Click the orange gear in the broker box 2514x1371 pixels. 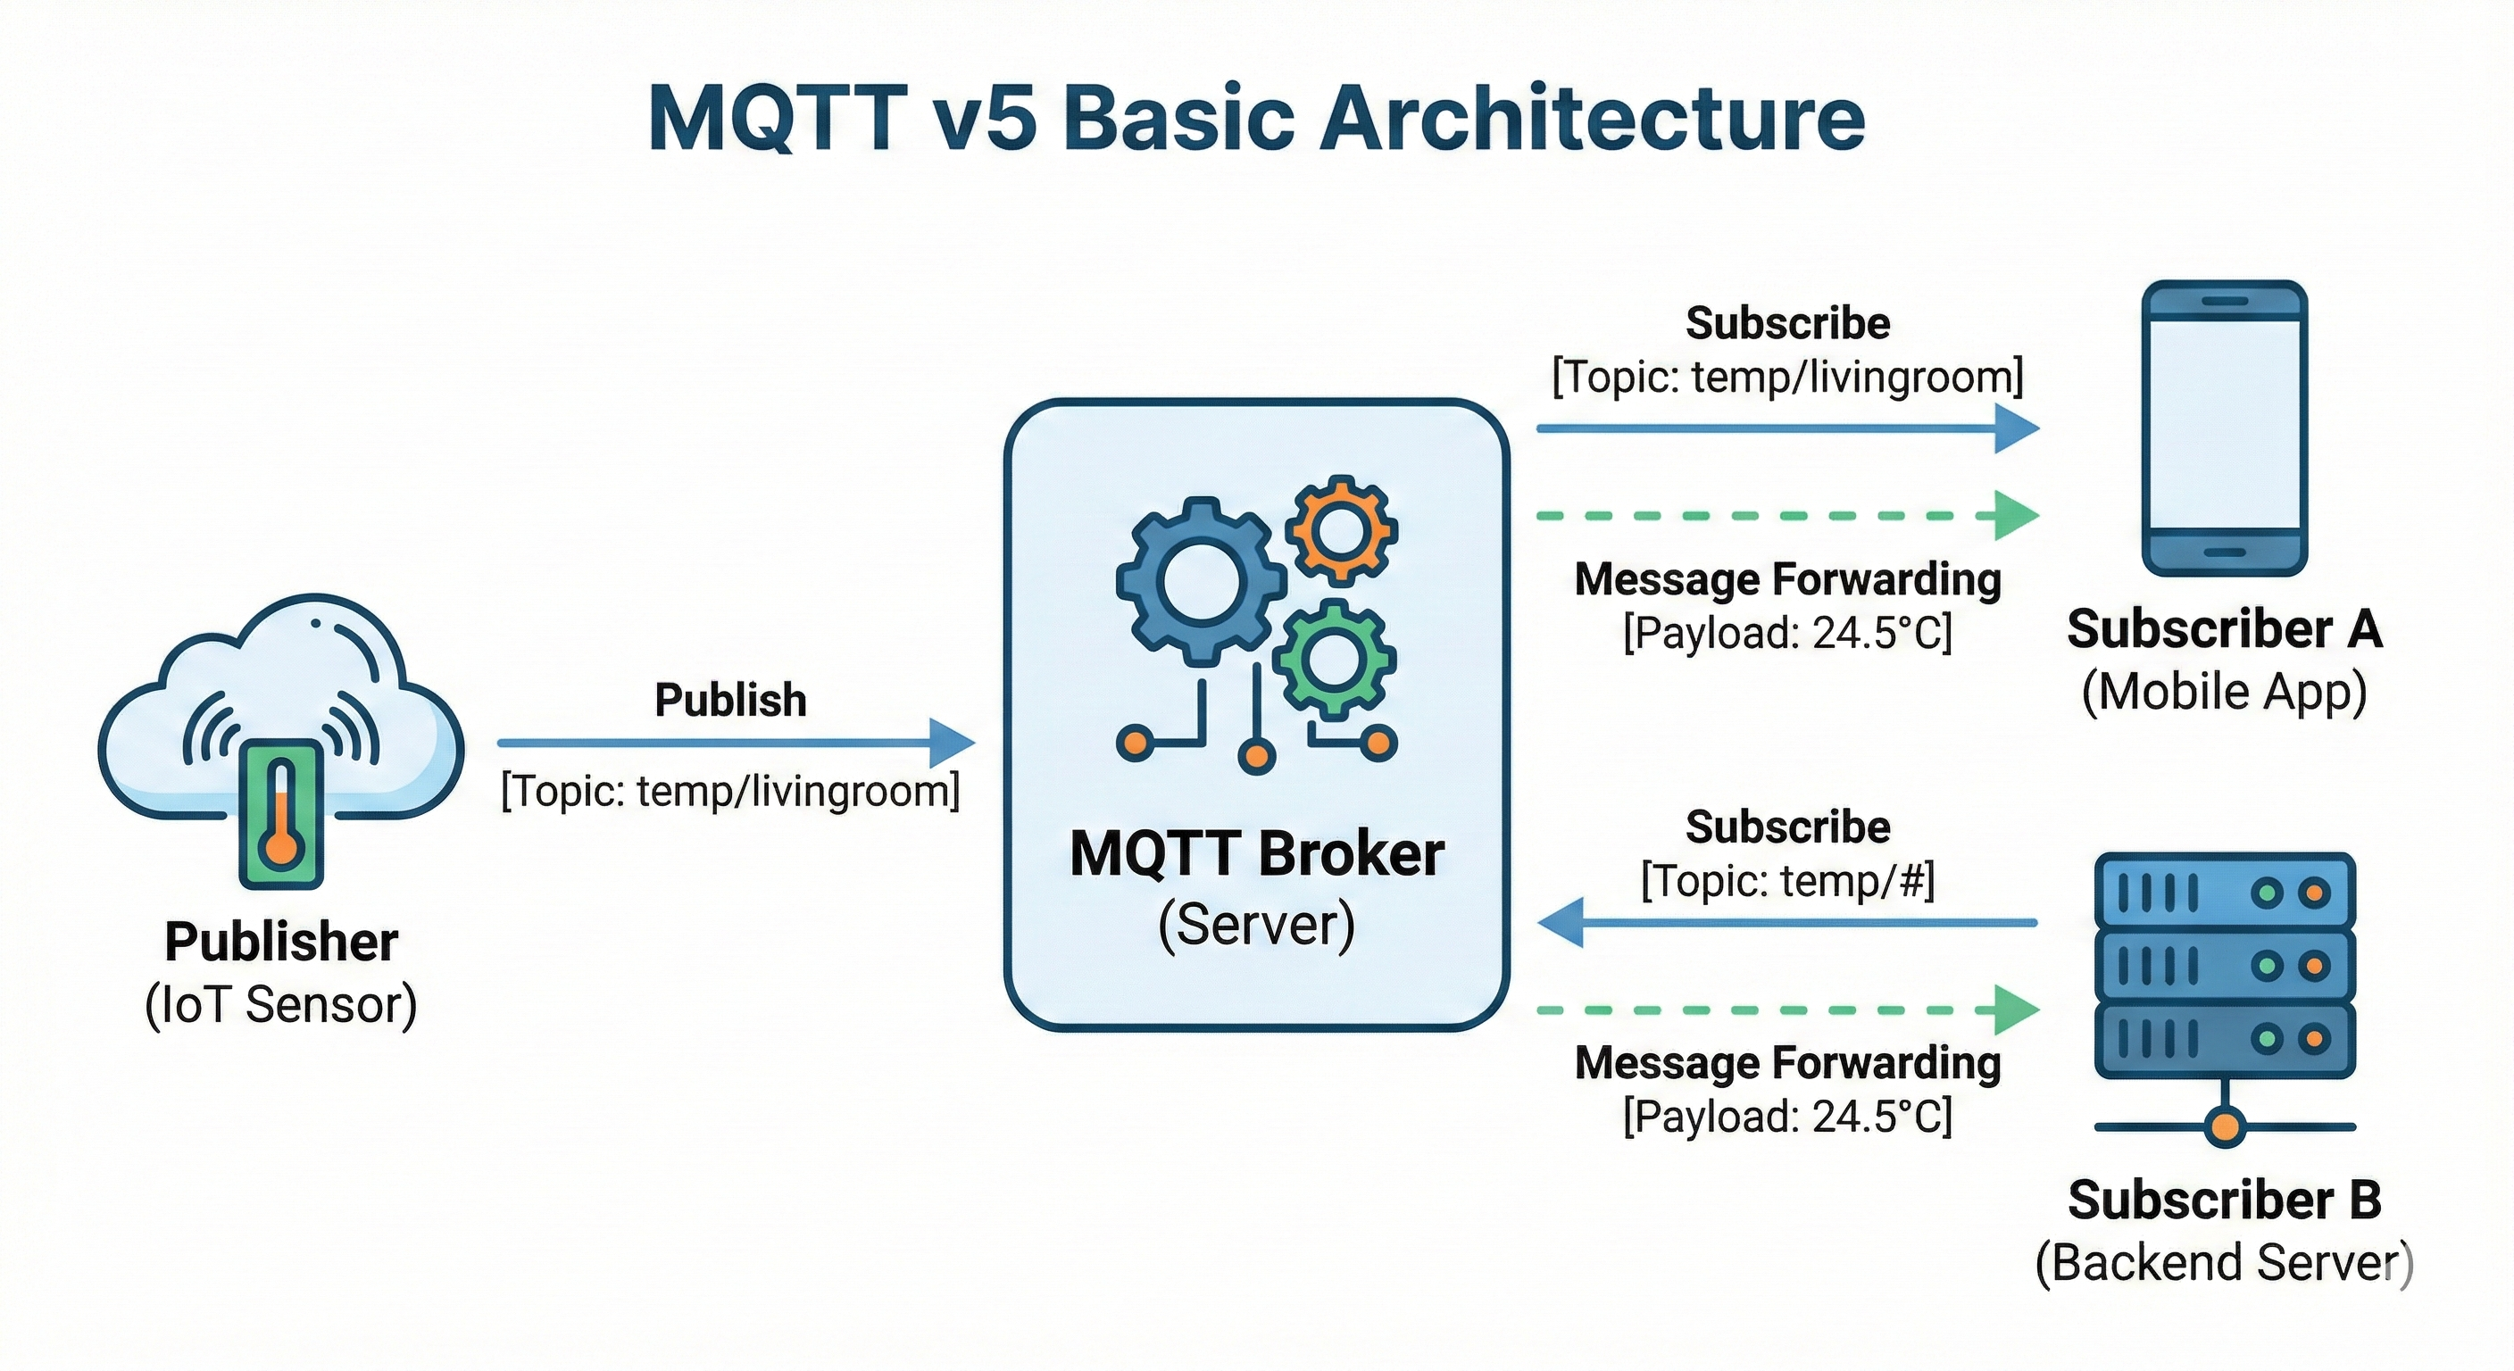[1342, 530]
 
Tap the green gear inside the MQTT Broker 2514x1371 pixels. [1333, 659]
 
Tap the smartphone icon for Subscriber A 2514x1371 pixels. [2224, 428]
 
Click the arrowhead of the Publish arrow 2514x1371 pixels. [952, 743]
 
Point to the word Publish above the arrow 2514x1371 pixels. [730, 700]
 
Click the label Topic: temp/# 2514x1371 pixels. [1787, 881]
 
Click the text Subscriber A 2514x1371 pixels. [2224, 629]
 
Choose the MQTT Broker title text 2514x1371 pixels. [1256, 854]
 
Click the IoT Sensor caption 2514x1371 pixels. [281, 1005]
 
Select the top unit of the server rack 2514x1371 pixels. [2224, 891]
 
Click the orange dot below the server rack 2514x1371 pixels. [2224, 1127]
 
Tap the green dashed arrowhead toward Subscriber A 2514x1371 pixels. [2014, 515]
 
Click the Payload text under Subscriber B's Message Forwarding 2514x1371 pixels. [1787, 1117]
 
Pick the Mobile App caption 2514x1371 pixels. [2224, 692]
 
